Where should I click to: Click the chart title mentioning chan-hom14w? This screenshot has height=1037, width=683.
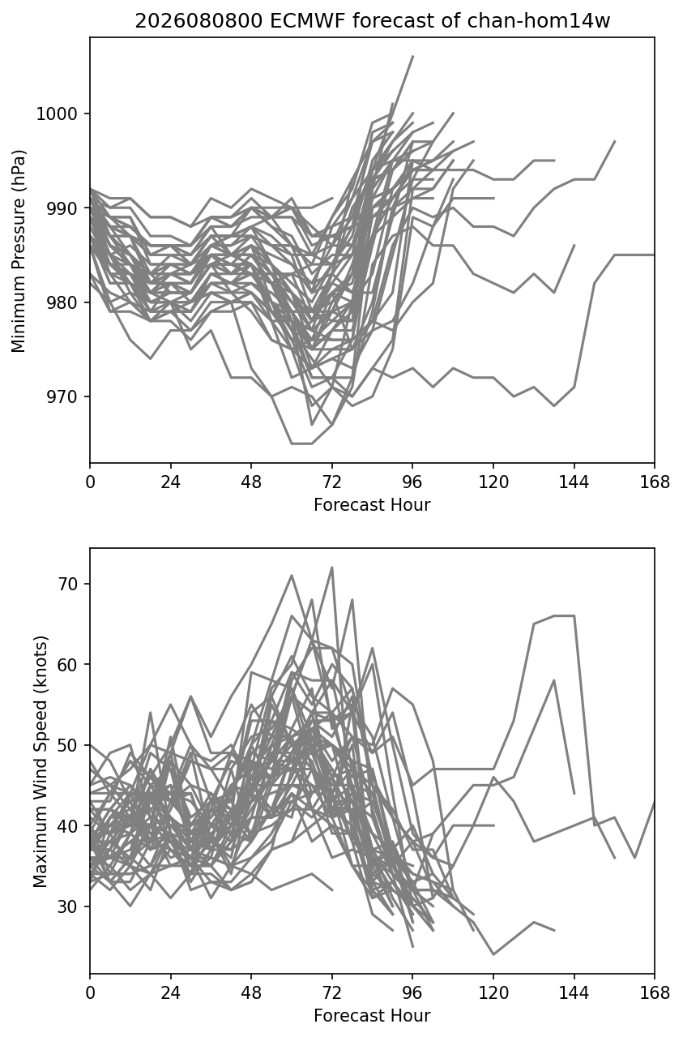pos(372,21)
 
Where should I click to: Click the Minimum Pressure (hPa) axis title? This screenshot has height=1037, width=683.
pos(19,251)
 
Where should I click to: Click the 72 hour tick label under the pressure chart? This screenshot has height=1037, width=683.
pos(332,482)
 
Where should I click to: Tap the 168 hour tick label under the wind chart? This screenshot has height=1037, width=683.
pos(655,993)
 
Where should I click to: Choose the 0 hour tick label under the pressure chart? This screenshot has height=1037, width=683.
pos(90,482)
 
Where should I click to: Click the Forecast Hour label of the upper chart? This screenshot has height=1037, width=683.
pos(372,504)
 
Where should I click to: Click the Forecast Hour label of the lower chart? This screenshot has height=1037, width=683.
pos(372,1016)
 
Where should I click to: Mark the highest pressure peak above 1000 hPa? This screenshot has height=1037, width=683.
pos(412,56)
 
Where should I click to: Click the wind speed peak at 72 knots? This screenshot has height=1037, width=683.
pos(332,567)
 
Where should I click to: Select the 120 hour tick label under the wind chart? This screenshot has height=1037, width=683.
pos(493,993)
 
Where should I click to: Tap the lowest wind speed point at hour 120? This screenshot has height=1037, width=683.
pos(493,954)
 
